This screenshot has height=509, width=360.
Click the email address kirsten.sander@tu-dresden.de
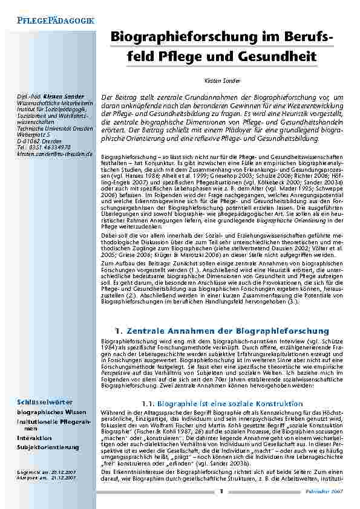click(54, 154)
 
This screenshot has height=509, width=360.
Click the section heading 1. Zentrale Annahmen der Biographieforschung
click(222, 331)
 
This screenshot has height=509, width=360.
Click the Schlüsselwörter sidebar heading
click(45, 402)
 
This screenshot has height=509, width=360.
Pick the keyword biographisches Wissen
click(50, 411)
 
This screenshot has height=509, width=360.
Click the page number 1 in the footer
click(221, 492)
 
